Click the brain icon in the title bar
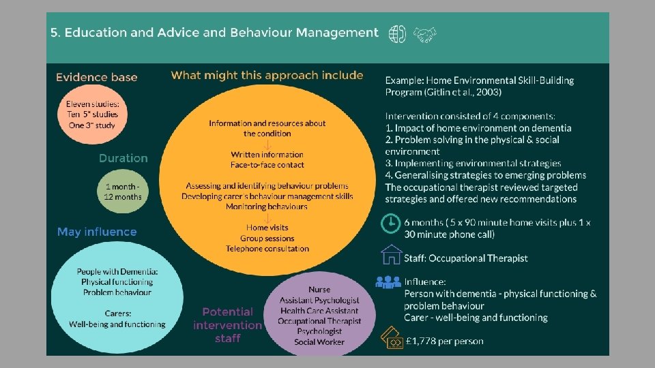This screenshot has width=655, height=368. (397, 33)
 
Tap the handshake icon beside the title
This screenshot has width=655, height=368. (426, 33)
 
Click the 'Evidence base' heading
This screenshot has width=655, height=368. (97, 77)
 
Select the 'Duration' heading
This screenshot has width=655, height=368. (123, 158)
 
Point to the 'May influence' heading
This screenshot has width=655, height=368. (97, 232)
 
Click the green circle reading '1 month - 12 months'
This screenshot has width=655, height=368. (123, 191)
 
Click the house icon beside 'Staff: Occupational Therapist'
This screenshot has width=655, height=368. (392, 255)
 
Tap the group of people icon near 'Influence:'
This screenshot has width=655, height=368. (389, 281)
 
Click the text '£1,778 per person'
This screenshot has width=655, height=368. (443, 341)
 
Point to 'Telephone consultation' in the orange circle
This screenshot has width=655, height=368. (267, 249)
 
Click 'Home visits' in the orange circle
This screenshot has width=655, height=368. (267, 227)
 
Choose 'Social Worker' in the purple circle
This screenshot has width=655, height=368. (319, 341)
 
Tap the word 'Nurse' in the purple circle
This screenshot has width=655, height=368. (319, 290)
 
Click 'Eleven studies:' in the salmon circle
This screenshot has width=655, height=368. (92, 104)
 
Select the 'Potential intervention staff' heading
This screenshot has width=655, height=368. (227, 324)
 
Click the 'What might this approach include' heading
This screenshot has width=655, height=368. (267, 75)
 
